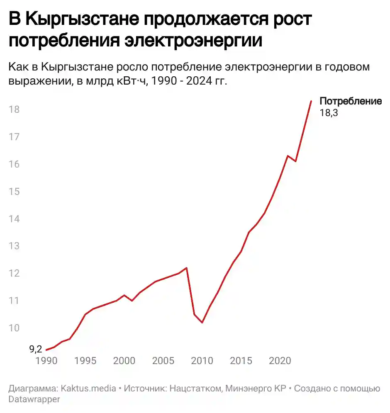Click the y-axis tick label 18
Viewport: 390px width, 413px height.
click(x=14, y=109)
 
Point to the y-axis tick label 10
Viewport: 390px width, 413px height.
click(x=14, y=328)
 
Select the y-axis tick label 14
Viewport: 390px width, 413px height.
click(x=14, y=219)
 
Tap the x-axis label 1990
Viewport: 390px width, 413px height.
click(x=46, y=360)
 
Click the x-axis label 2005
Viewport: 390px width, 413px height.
click(x=163, y=360)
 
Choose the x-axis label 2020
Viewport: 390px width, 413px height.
click(x=280, y=360)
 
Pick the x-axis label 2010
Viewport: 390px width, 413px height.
click(x=202, y=360)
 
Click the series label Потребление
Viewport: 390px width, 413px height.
click(x=350, y=102)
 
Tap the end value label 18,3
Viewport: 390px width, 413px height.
click(x=329, y=112)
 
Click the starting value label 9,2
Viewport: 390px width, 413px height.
click(x=36, y=350)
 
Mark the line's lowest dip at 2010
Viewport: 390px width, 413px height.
click(x=202, y=322)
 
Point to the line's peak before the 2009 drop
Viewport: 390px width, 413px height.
click(x=186, y=268)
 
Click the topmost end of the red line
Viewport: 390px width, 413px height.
click(x=311, y=101)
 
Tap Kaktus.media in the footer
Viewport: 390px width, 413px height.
click(x=88, y=389)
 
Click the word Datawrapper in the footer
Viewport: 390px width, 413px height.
click(x=34, y=399)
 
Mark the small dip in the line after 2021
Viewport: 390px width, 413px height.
click(x=295, y=161)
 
